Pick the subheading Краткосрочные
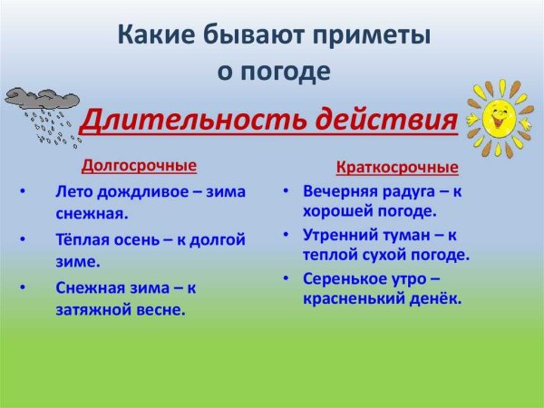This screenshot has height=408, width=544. point(397,168)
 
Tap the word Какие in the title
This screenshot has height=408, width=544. point(151,36)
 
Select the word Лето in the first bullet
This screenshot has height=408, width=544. point(74,192)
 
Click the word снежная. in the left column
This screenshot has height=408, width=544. point(91,215)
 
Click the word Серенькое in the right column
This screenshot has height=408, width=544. point(340,277)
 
